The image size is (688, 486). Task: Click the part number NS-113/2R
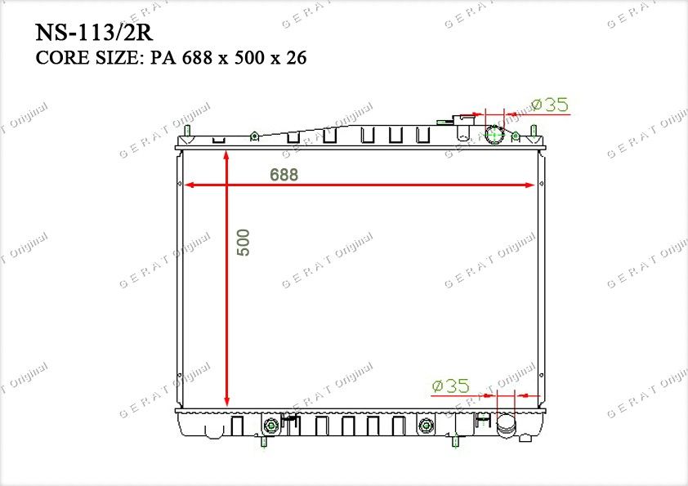[94, 33]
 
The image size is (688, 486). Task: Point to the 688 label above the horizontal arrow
[284, 175]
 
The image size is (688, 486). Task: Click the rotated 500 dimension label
[243, 242]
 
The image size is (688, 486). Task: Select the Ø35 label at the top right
[550, 105]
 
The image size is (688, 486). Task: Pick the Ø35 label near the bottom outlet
[450, 386]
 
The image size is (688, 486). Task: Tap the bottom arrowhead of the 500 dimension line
[226, 401]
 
